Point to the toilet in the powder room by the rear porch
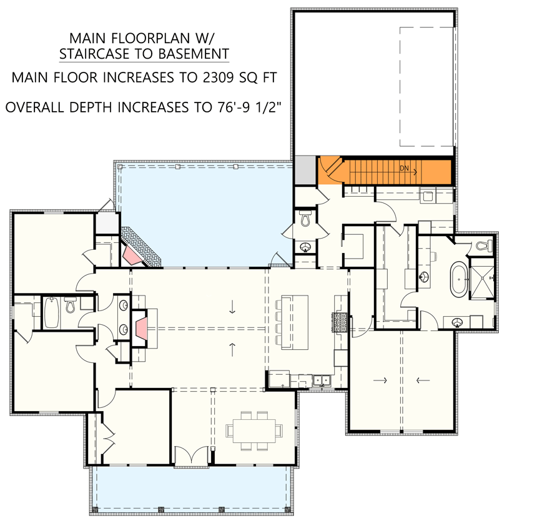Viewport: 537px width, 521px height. (x=305, y=220)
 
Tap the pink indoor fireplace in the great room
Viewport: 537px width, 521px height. (x=142, y=327)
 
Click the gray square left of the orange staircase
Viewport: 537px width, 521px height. (x=305, y=170)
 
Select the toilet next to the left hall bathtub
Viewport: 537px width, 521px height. (x=71, y=306)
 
